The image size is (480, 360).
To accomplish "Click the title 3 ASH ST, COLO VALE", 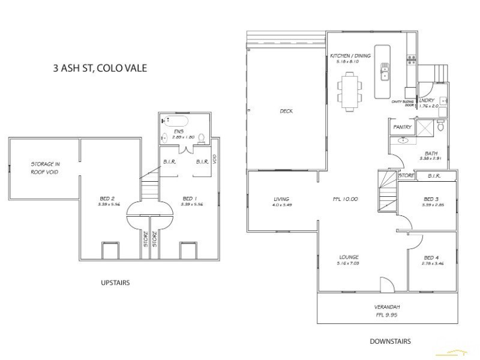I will pos(100,68).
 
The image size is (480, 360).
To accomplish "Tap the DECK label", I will pos(286,111).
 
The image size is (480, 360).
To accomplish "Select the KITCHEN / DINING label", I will pos(350,56).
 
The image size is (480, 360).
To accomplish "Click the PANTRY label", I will pos(401,127).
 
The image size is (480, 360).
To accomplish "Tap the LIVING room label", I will pos(281,199).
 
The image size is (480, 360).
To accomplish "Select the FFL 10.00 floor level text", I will pos(346,199).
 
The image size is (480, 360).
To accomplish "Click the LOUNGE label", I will pos(348,258).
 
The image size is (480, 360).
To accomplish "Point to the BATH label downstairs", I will pos(431,153).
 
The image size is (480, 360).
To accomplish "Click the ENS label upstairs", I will pos(178,131).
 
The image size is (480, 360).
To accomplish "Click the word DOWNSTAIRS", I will pos(391,341).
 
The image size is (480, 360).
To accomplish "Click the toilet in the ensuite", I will pos(202,139).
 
